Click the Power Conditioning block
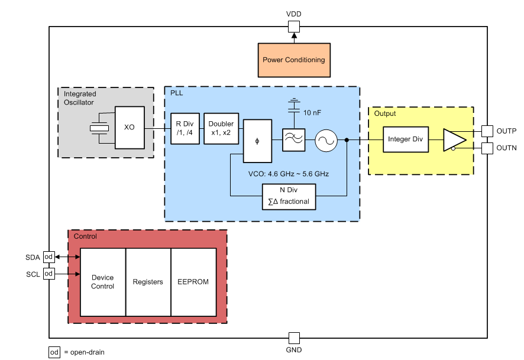coord(294,60)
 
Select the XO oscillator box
coord(130,128)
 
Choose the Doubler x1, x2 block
coord(221,128)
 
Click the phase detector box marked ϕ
coord(257,141)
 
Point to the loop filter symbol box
coord(293,140)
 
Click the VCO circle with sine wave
coord(325,140)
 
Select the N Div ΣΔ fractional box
coord(289,196)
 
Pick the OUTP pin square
coord(487,131)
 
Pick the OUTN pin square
coord(487,148)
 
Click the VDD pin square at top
coord(294,26)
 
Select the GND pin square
coord(294,338)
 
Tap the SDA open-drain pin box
coord(49,257)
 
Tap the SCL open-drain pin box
coord(49,274)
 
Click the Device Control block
coord(103,282)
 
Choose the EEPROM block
coord(193,282)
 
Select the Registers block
coord(148,282)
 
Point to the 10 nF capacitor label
coord(313,112)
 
